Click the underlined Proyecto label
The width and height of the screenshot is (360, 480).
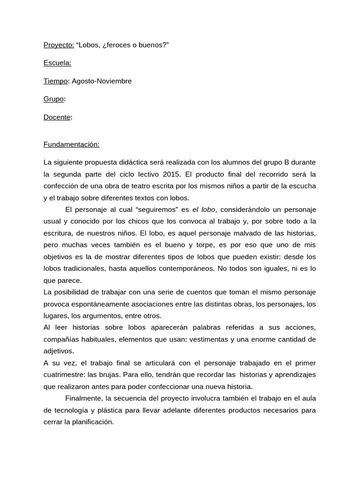[59, 45]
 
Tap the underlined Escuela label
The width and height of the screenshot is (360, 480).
[57, 63]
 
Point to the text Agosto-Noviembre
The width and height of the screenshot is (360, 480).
[102, 81]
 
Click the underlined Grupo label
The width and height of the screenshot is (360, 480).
[53, 99]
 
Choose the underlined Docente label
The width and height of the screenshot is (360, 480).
[57, 117]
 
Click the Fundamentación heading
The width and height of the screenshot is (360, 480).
[71, 144]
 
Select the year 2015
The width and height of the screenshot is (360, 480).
[172, 174]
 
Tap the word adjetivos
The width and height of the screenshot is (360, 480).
[58, 351]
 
